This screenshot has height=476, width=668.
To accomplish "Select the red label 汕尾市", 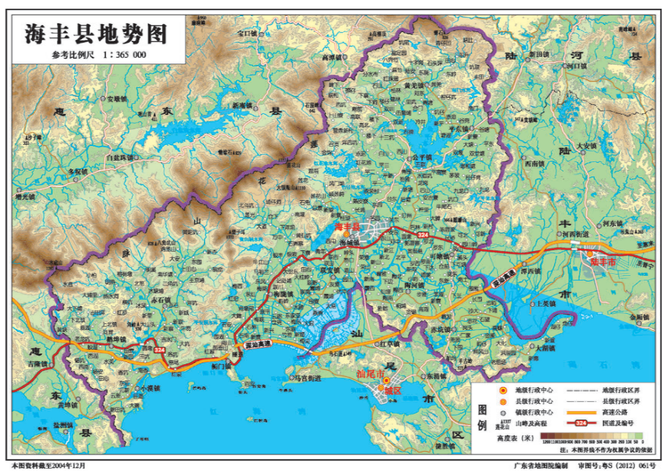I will (x=369, y=375).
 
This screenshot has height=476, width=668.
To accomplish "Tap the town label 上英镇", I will (x=546, y=303).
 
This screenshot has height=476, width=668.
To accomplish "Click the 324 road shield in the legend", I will (x=582, y=423).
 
